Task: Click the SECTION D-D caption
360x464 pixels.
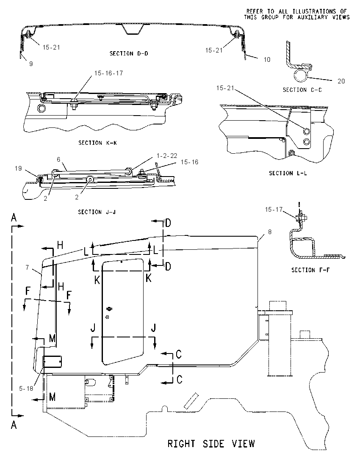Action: point(129,54)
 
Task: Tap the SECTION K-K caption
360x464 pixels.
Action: point(97,143)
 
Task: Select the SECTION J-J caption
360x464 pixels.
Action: point(97,212)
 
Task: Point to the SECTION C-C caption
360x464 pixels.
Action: point(302,90)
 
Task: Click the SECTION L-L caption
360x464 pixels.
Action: point(288,173)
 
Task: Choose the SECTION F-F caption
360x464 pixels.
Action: point(310,270)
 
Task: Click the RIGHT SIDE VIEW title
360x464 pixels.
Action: point(211,444)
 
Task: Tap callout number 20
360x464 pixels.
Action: point(341,81)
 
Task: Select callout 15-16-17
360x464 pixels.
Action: point(109,73)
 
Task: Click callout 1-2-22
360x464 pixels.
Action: point(167,156)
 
